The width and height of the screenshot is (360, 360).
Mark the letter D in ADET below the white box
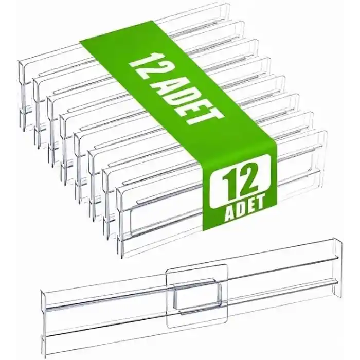pos(240,208)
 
